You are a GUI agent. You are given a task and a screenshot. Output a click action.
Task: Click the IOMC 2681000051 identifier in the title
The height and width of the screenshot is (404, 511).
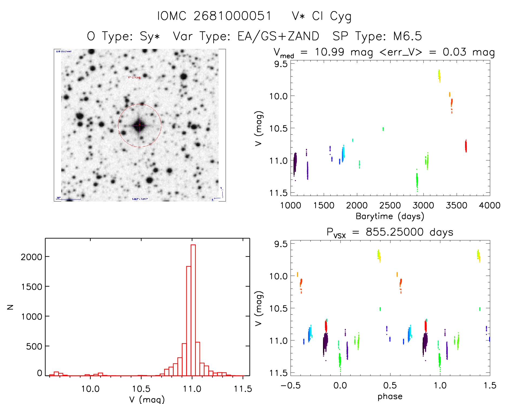pyautogui.click(x=214, y=16)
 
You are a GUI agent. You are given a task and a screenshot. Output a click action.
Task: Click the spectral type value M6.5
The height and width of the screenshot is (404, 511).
pyautogui.click(x=407, y=36)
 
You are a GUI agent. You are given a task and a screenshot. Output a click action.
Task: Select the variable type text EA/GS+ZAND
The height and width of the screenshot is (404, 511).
pyautogui.click(x=278, y=36)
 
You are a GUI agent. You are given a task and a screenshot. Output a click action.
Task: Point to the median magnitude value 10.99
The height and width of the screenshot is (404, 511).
pyautogui.click(x=329, y=52)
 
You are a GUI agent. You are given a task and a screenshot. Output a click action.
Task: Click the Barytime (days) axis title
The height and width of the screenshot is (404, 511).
pyautogui.click(x=390, y=216)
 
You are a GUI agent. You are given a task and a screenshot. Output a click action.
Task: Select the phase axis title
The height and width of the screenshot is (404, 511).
pyautogui.click(x=390, y=396)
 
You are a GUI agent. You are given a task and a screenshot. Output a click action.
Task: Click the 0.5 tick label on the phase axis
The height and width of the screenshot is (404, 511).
pyautogui.click(x=390, y=386)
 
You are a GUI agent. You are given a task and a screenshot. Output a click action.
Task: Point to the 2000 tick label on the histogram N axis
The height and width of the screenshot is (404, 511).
pyautogui.click(x=31, y=257)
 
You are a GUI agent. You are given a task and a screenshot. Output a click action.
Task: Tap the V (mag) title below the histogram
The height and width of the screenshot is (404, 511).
pyautogui.click(x=147, y=399)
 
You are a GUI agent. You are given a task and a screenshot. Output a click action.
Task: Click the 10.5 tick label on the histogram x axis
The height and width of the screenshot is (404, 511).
pyautogui.click(x=141, y=389)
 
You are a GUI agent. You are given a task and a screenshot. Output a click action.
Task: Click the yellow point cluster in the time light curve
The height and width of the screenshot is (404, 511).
pyautogui.click(x=439, y=76)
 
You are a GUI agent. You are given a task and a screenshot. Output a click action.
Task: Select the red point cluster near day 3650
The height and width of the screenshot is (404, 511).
pyautogui.click(x=466, y=146)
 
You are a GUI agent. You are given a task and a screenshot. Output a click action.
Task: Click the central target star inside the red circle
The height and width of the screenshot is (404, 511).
pyautogui.click(x=140, y=125)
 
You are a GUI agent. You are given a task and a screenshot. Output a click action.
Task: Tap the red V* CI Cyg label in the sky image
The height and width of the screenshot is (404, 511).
pyautogui.click(x=134, y=77)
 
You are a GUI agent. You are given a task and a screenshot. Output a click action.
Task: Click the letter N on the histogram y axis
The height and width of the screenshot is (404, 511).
pyautogui.click(x=10, y=307)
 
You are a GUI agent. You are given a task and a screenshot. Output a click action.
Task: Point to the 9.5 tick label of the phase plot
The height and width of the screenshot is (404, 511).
pyautogui.click(x=281, y=244)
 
